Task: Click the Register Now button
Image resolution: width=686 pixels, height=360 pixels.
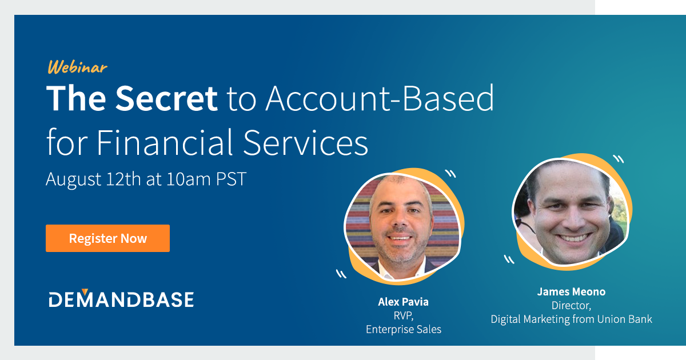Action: coord(107,238)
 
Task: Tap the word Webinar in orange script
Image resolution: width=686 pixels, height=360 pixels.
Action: coord(77,67)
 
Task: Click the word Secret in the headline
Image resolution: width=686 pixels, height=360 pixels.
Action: coord(167,98)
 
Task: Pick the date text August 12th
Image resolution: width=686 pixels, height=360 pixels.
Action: coord(93,179)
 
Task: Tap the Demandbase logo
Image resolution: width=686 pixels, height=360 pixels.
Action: coord(121,299)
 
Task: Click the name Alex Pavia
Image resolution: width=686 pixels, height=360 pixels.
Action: coord(404,301)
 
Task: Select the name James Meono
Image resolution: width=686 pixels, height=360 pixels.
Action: coord(571,291)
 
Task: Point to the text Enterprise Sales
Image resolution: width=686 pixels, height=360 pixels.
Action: coord(404,329)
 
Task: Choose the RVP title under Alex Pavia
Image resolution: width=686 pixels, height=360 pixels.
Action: coord(404,315)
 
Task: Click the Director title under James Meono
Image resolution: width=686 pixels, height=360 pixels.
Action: coord(571,306)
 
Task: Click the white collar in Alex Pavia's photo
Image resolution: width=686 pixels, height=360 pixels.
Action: coord(400,272)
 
